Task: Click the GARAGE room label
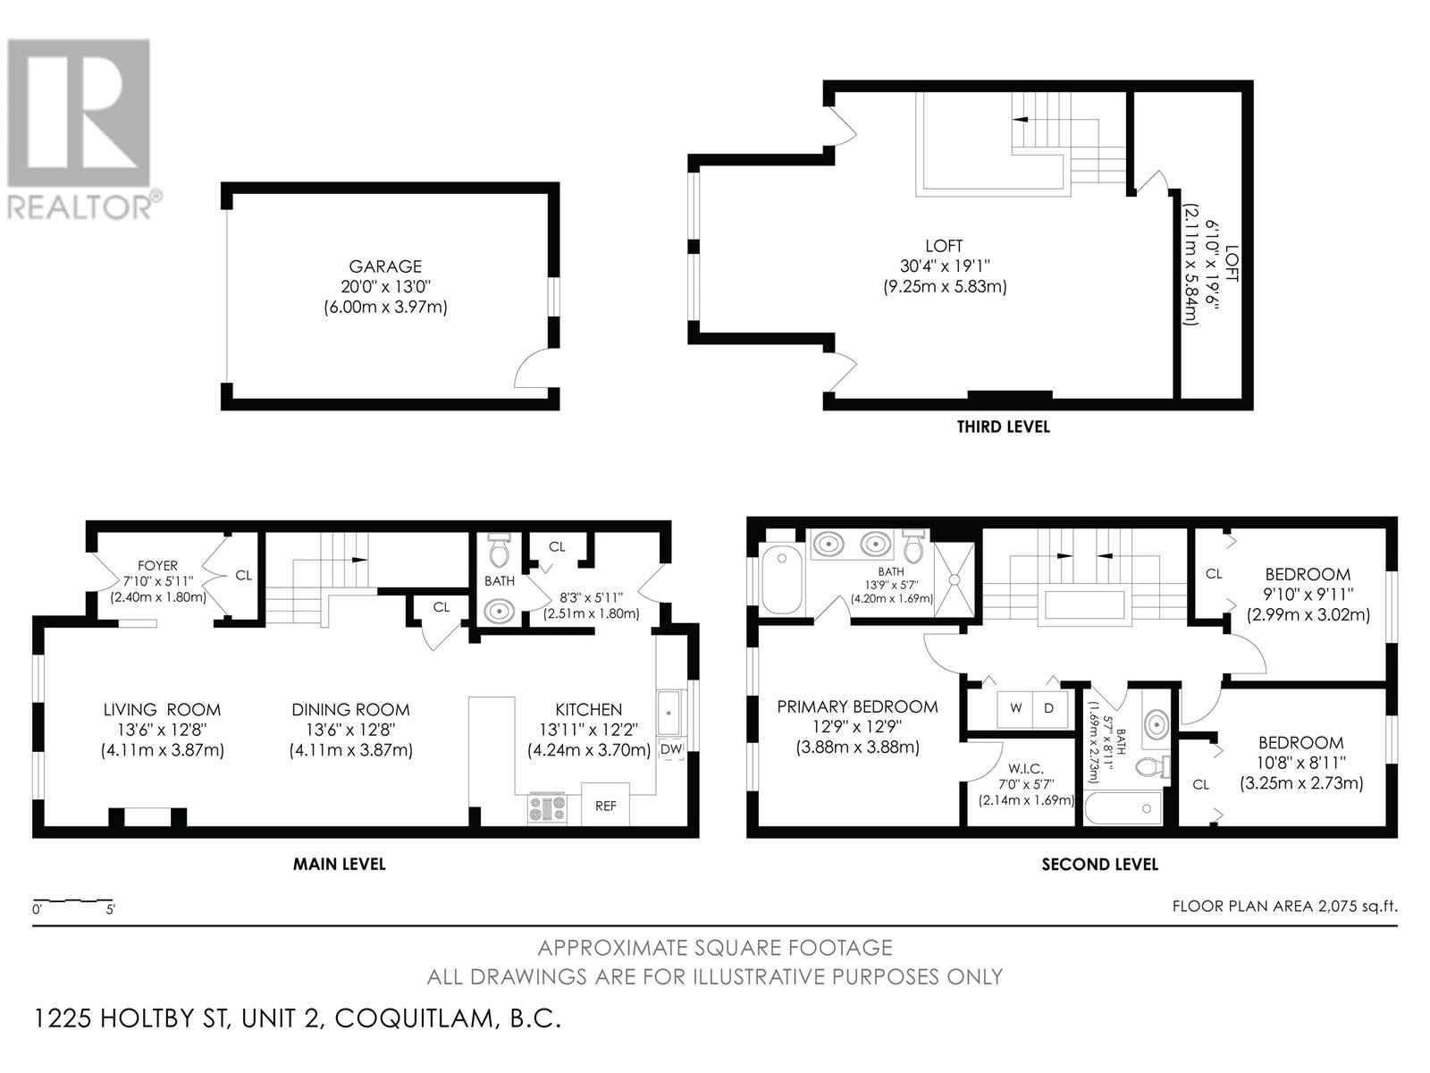tap(385, 266)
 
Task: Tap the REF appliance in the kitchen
tap(605, 806)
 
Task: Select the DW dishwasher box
tap(670, 749)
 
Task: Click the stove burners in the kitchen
tap(547, 808)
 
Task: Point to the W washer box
tap(1015, 708)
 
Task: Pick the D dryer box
tap(1049, 708)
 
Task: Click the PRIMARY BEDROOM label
tap(857, 707)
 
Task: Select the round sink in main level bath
tap(499, 613)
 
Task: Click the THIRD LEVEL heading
tap(1003, 427)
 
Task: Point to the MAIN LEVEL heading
tap(340, 864)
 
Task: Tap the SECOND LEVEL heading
tap(1099, 865)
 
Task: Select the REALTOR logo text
tap(80, 207)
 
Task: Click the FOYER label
tap(157, 566)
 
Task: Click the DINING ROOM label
tap(350, 710)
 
